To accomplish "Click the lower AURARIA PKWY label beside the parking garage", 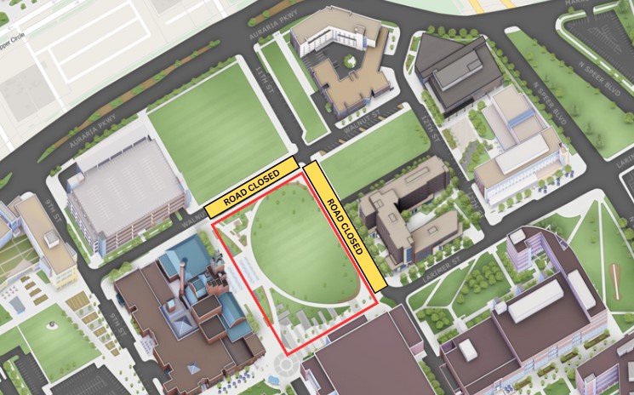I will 86,137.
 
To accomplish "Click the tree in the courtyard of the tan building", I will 348,60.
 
